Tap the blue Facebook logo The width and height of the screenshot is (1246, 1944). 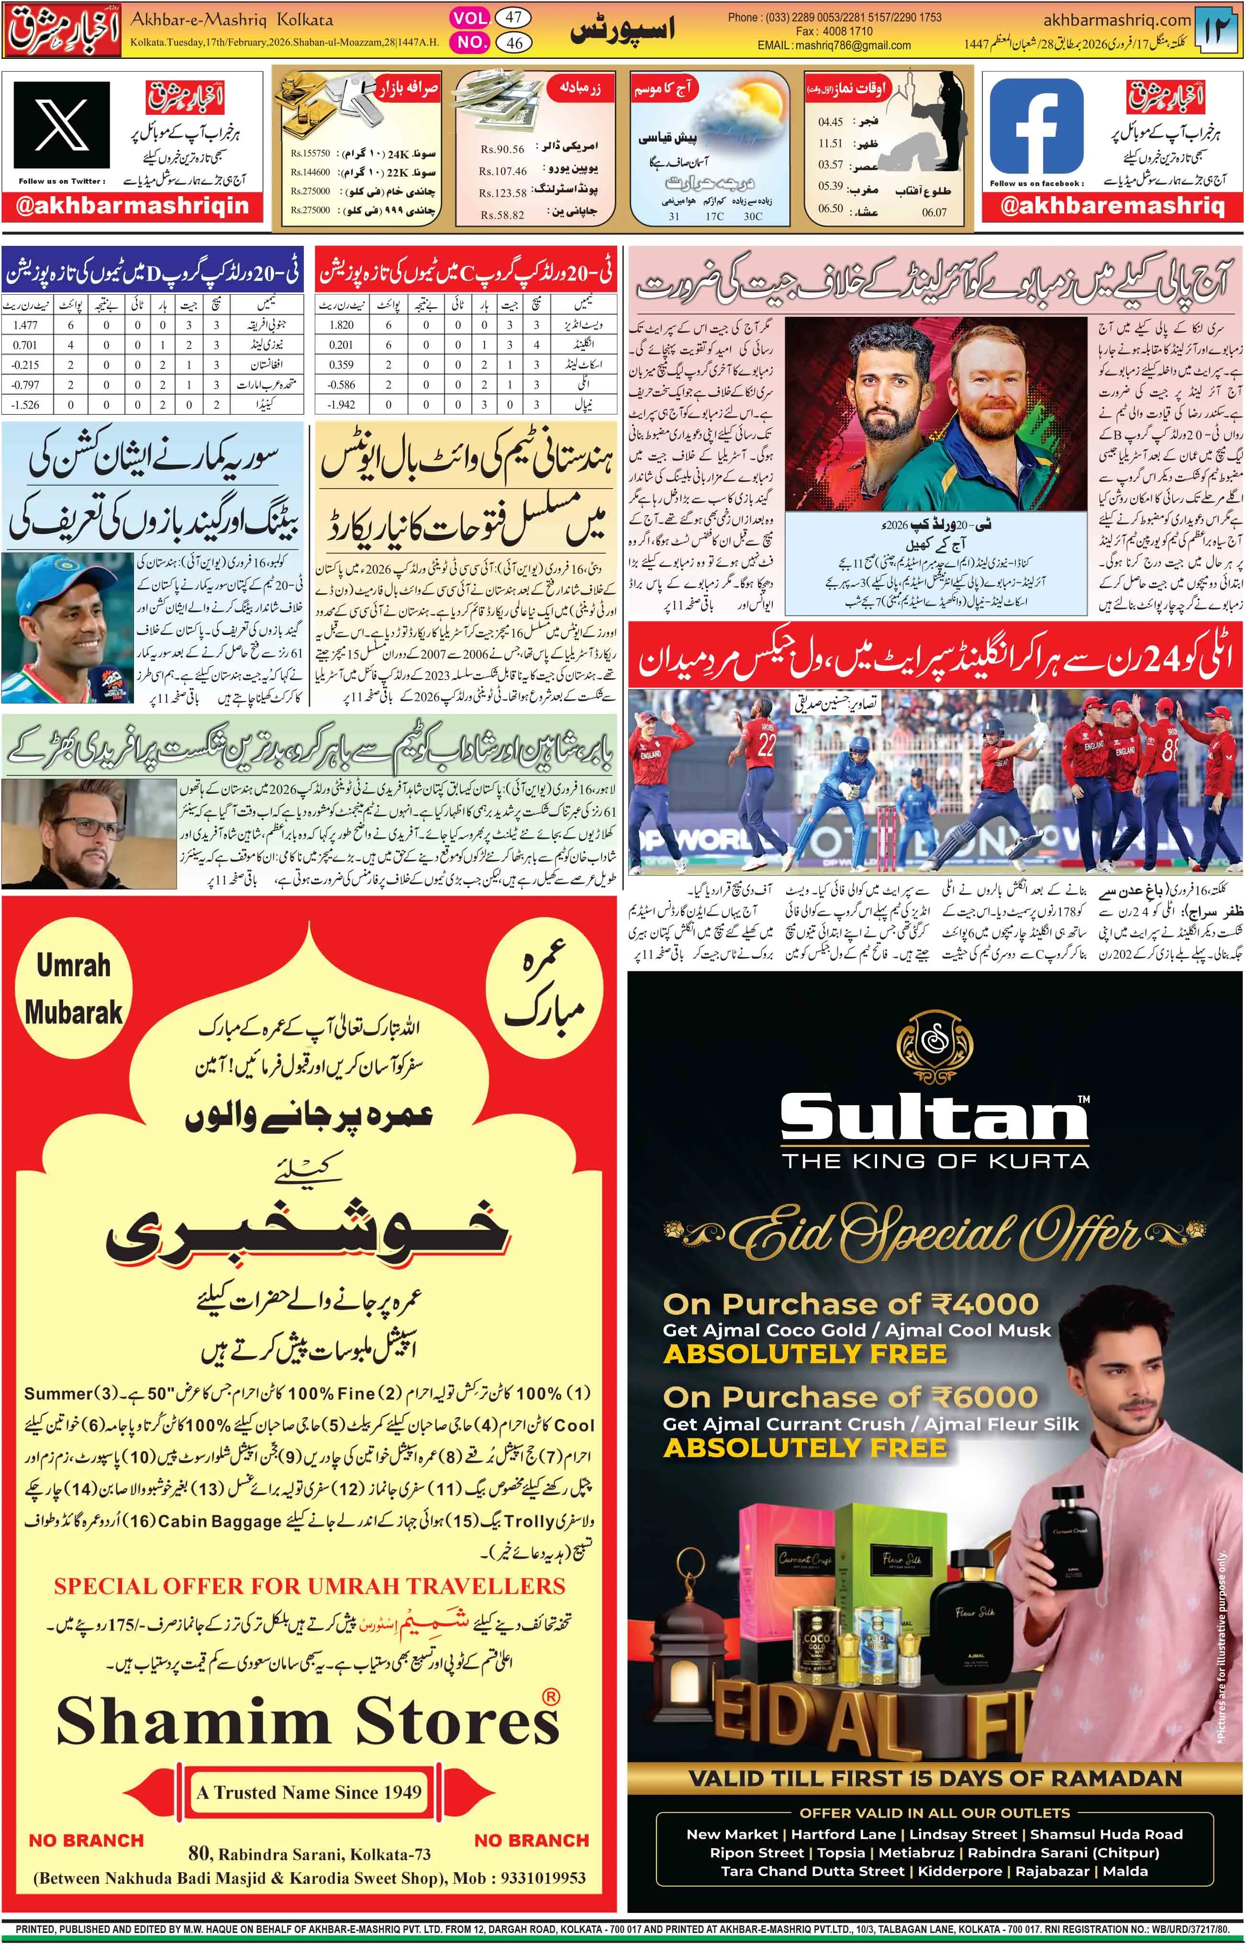coord(1035,127)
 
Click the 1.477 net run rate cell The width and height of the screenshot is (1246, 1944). coord(25,324)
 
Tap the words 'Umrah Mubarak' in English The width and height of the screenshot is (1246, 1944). coord(73,988)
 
